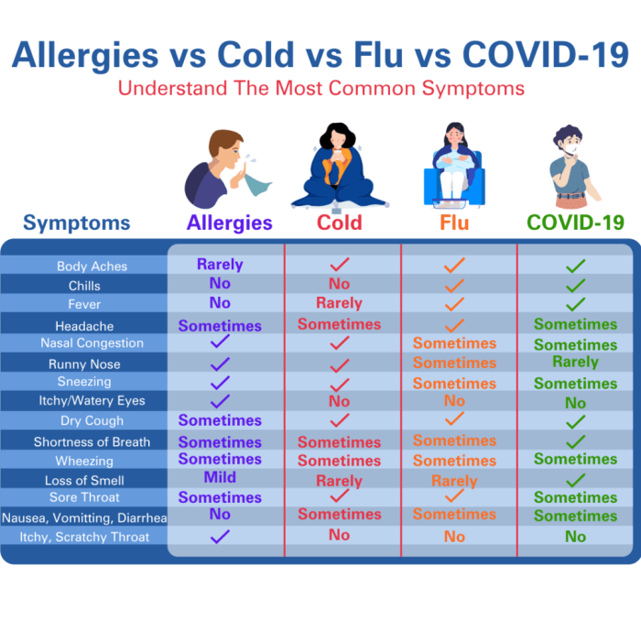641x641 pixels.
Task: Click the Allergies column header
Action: pos(229,223)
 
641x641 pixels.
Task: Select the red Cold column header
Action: pos(339,223)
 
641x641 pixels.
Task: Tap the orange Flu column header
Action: pos(454,223)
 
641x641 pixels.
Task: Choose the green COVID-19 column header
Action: pos(575,223)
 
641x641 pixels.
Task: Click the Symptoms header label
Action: pos(77,223)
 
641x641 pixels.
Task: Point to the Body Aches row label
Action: pos(92,266)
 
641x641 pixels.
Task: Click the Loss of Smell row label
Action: pos(84,480)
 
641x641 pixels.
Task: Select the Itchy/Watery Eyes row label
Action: pos(92,400)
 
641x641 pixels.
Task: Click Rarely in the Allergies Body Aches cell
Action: pos(220,265)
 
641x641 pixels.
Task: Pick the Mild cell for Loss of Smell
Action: pos(220,477)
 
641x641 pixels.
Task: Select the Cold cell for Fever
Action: pos(339,303)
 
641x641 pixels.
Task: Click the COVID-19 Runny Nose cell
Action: pos(575,362)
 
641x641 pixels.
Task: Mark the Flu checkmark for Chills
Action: pos(454,285)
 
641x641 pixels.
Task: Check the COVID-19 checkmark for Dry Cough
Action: pos(575,422)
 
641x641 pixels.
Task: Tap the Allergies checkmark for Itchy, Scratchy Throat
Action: pos(220,537)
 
